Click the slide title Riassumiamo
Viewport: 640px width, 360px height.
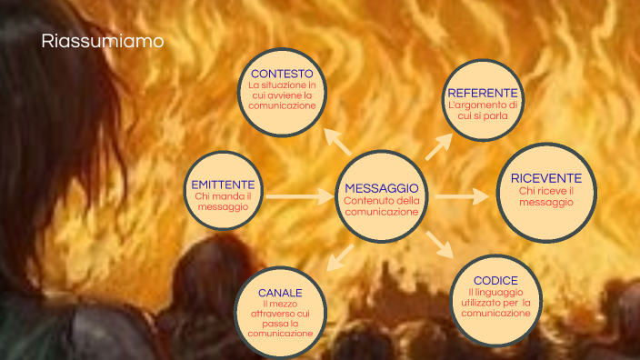point(103,42)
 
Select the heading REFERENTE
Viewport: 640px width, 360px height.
point(483,93)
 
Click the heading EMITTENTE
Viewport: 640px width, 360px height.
point(223,184)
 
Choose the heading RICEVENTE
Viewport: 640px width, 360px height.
point(545,177)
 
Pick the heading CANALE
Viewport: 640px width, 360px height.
point(281,292)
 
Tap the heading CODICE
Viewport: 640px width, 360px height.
point(495,279)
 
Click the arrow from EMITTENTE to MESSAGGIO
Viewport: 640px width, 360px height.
point(300,195)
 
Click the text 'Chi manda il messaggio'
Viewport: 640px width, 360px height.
point(223,202)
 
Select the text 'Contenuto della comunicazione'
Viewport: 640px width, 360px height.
point(382,206)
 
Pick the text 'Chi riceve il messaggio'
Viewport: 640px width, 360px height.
point(545,196)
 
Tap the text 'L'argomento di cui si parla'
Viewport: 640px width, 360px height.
point(483,111)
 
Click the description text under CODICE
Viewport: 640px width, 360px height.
point(495,302)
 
